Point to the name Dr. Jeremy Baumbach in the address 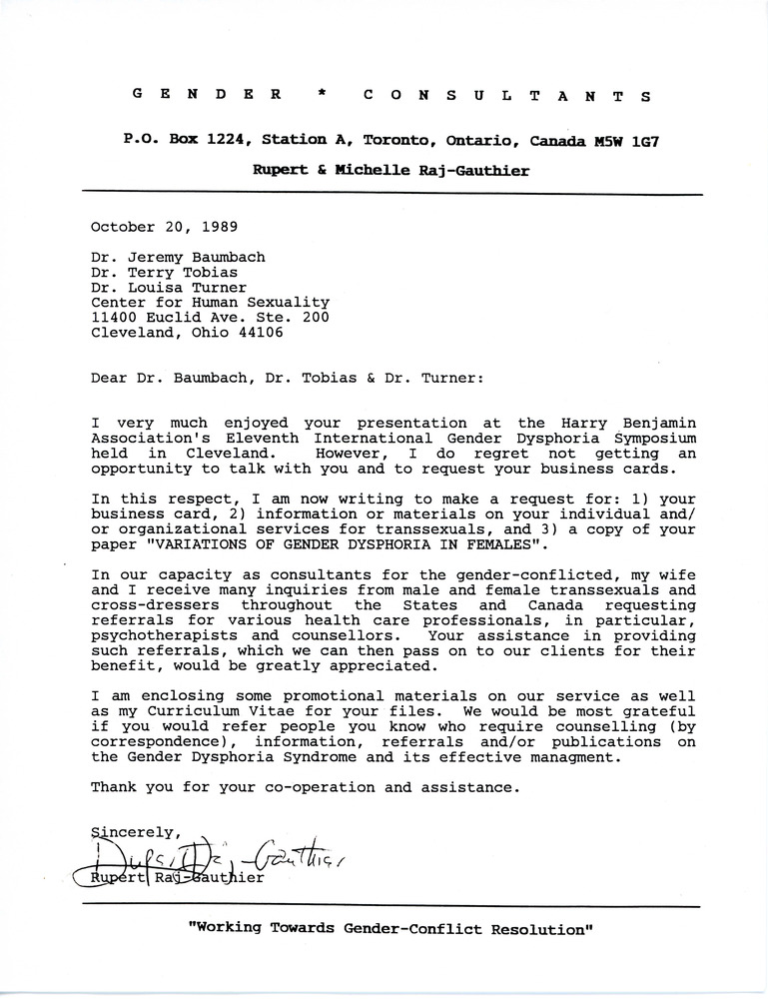pyautogui.click(x=178, y=257)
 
